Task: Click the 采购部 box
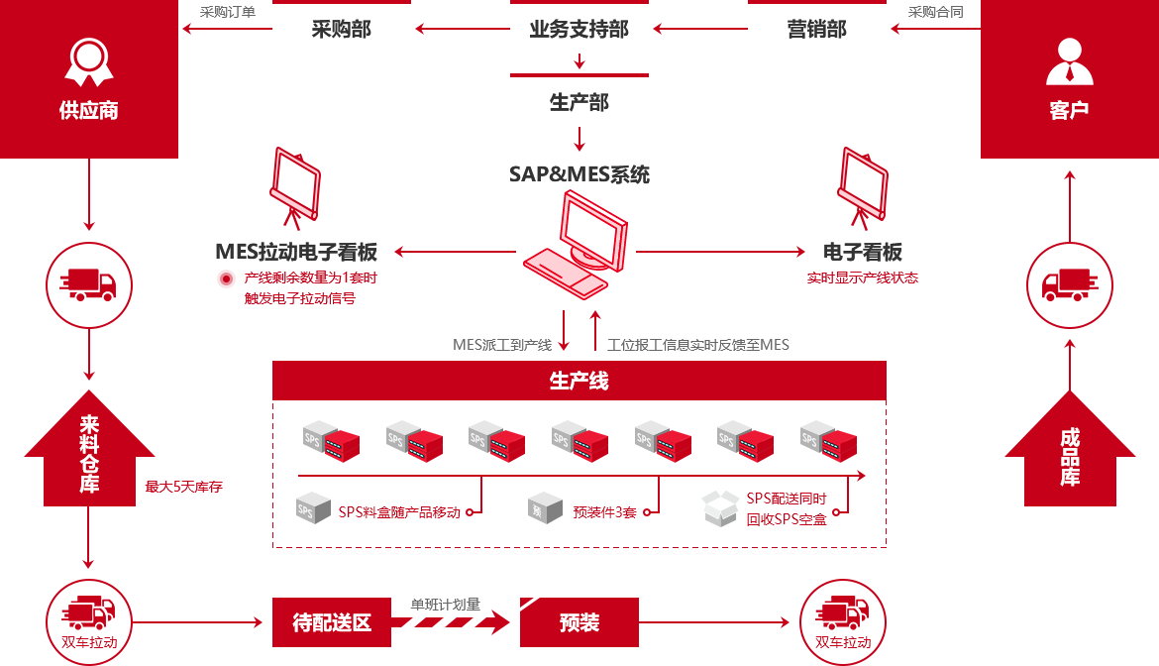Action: pos(341,29)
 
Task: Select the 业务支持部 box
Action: pos(579,29)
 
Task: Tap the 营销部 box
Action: pos(816,29)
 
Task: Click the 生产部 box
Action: pos(579,101)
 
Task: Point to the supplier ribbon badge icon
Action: pos(89,61)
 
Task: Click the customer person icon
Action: pos(1069,61)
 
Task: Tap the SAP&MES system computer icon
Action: pos(576,245)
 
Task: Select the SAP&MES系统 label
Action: pos(579,174)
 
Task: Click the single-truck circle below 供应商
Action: pos(88,284)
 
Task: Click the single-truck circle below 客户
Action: pos(1069,284)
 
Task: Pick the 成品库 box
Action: pos(1070,447)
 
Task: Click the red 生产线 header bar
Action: pos(579,381)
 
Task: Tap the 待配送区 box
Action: pos(332,622)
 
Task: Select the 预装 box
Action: pos(579,622)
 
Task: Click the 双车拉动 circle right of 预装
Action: pos(842,621)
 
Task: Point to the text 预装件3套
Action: pos(604,512)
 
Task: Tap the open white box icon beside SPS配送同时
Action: pos(719,507)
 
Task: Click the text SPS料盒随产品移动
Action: pos(399,512)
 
